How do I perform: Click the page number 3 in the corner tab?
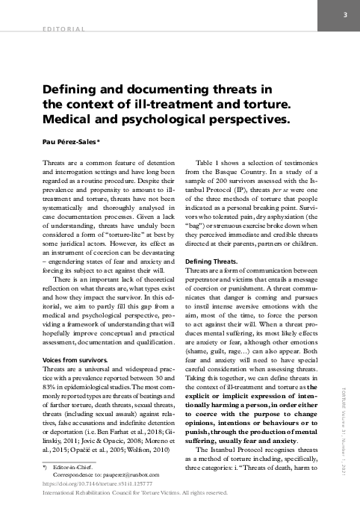[x=345, y=16]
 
